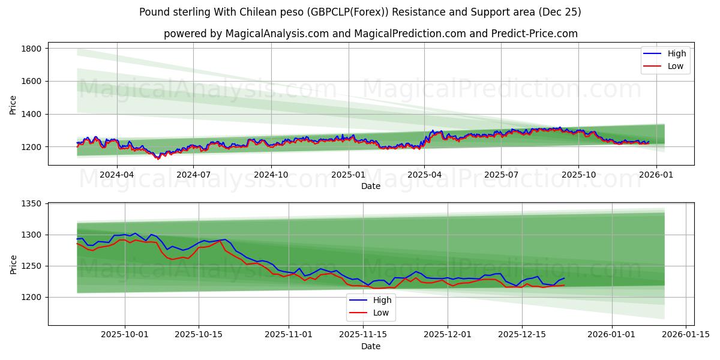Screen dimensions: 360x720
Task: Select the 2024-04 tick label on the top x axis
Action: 116,175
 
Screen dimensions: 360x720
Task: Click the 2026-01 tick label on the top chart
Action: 656,175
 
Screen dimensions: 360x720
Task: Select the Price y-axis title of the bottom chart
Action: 13,264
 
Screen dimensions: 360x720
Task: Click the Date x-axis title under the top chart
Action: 370,187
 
